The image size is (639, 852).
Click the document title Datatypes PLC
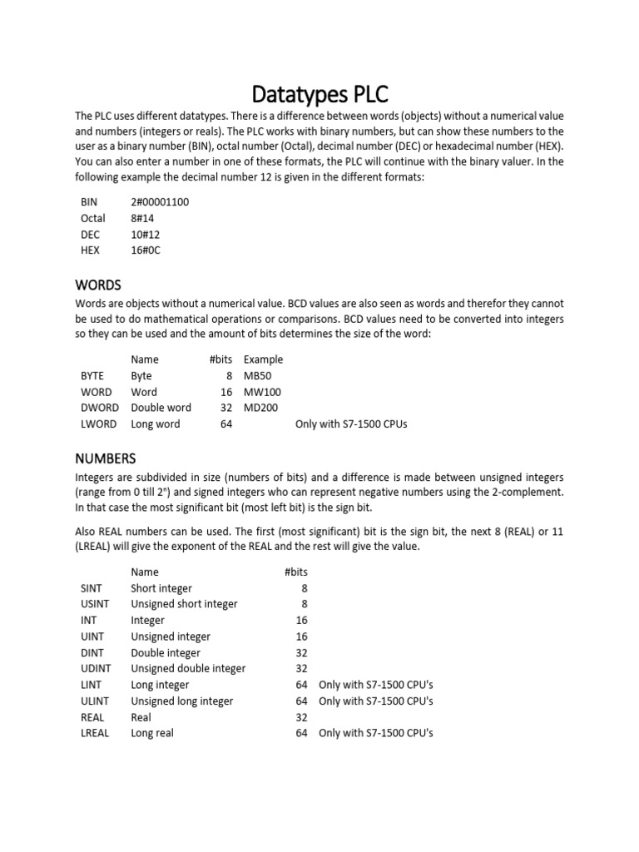point(319,92)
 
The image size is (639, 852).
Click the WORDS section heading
point(98,285)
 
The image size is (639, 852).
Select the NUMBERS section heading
point(106,458)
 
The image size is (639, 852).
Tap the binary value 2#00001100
point(165,202)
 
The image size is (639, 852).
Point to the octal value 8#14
point(144,218)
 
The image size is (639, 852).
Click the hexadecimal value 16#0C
point(146,250)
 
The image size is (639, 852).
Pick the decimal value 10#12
point(146,235)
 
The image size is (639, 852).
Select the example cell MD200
point(261,408)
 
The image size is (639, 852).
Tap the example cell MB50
point(258,376)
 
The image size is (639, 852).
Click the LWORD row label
point(97,424)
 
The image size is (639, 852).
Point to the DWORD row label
point(99,408)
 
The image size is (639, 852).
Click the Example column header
point(263,359)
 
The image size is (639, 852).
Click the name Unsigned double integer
point(188,669)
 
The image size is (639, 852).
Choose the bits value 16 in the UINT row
point(302,637)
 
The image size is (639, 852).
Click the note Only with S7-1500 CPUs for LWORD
point(351,424)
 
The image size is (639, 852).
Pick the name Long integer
point(160,685)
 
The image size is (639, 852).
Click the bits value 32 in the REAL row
point(302,717)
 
